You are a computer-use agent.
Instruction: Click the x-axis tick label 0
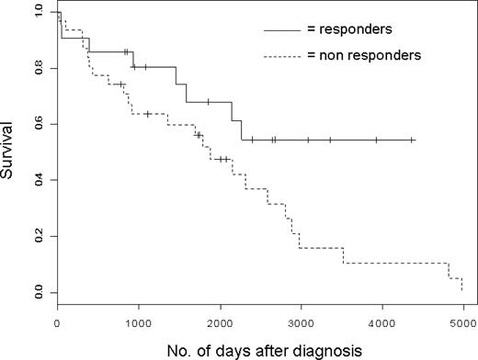click(57, 321)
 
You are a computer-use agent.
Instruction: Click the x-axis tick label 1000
click(138, 321)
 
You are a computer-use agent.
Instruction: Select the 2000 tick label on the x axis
click(219, 321)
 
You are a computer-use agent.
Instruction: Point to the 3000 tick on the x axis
click(301, 321)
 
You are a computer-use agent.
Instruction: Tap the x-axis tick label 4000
click(381, 321)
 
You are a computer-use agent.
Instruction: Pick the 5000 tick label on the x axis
click(462, 321)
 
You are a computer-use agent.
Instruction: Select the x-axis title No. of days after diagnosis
click(259, 349)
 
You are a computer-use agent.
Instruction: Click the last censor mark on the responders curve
click(413, 140)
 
